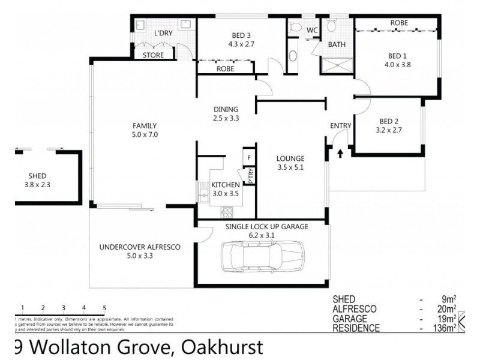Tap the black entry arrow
(341, 153)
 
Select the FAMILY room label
(144, 126)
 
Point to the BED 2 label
(387, 121)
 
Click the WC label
(312, 30)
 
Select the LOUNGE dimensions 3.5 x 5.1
(290, 167)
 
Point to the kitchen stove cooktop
(227, 211)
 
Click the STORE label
(152, 56)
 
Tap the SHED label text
(37, 176)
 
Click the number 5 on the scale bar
(104, 307)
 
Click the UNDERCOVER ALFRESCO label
(139, 247)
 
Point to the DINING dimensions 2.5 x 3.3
(226, 118)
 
